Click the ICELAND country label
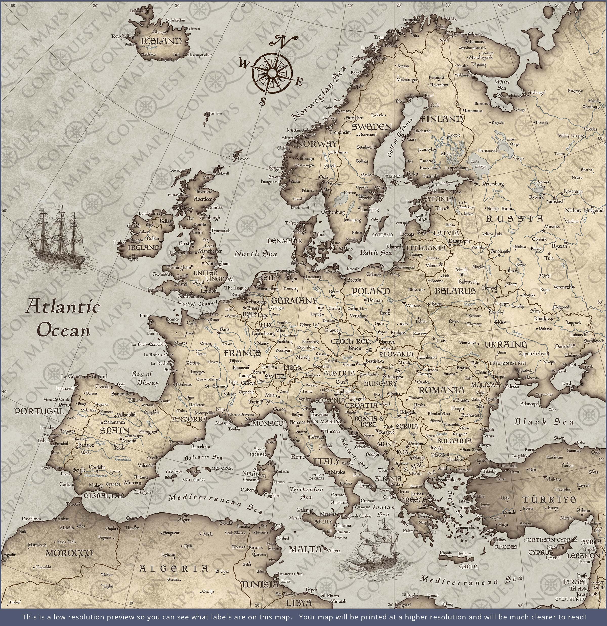[161, 41]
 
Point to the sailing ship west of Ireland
[56, 238]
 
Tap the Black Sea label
[544, 422]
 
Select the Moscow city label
[552, 226]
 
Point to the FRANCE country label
[242, 353]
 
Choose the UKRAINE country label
[506, 344]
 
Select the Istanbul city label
[509, 465]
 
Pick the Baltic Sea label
[376, 253]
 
